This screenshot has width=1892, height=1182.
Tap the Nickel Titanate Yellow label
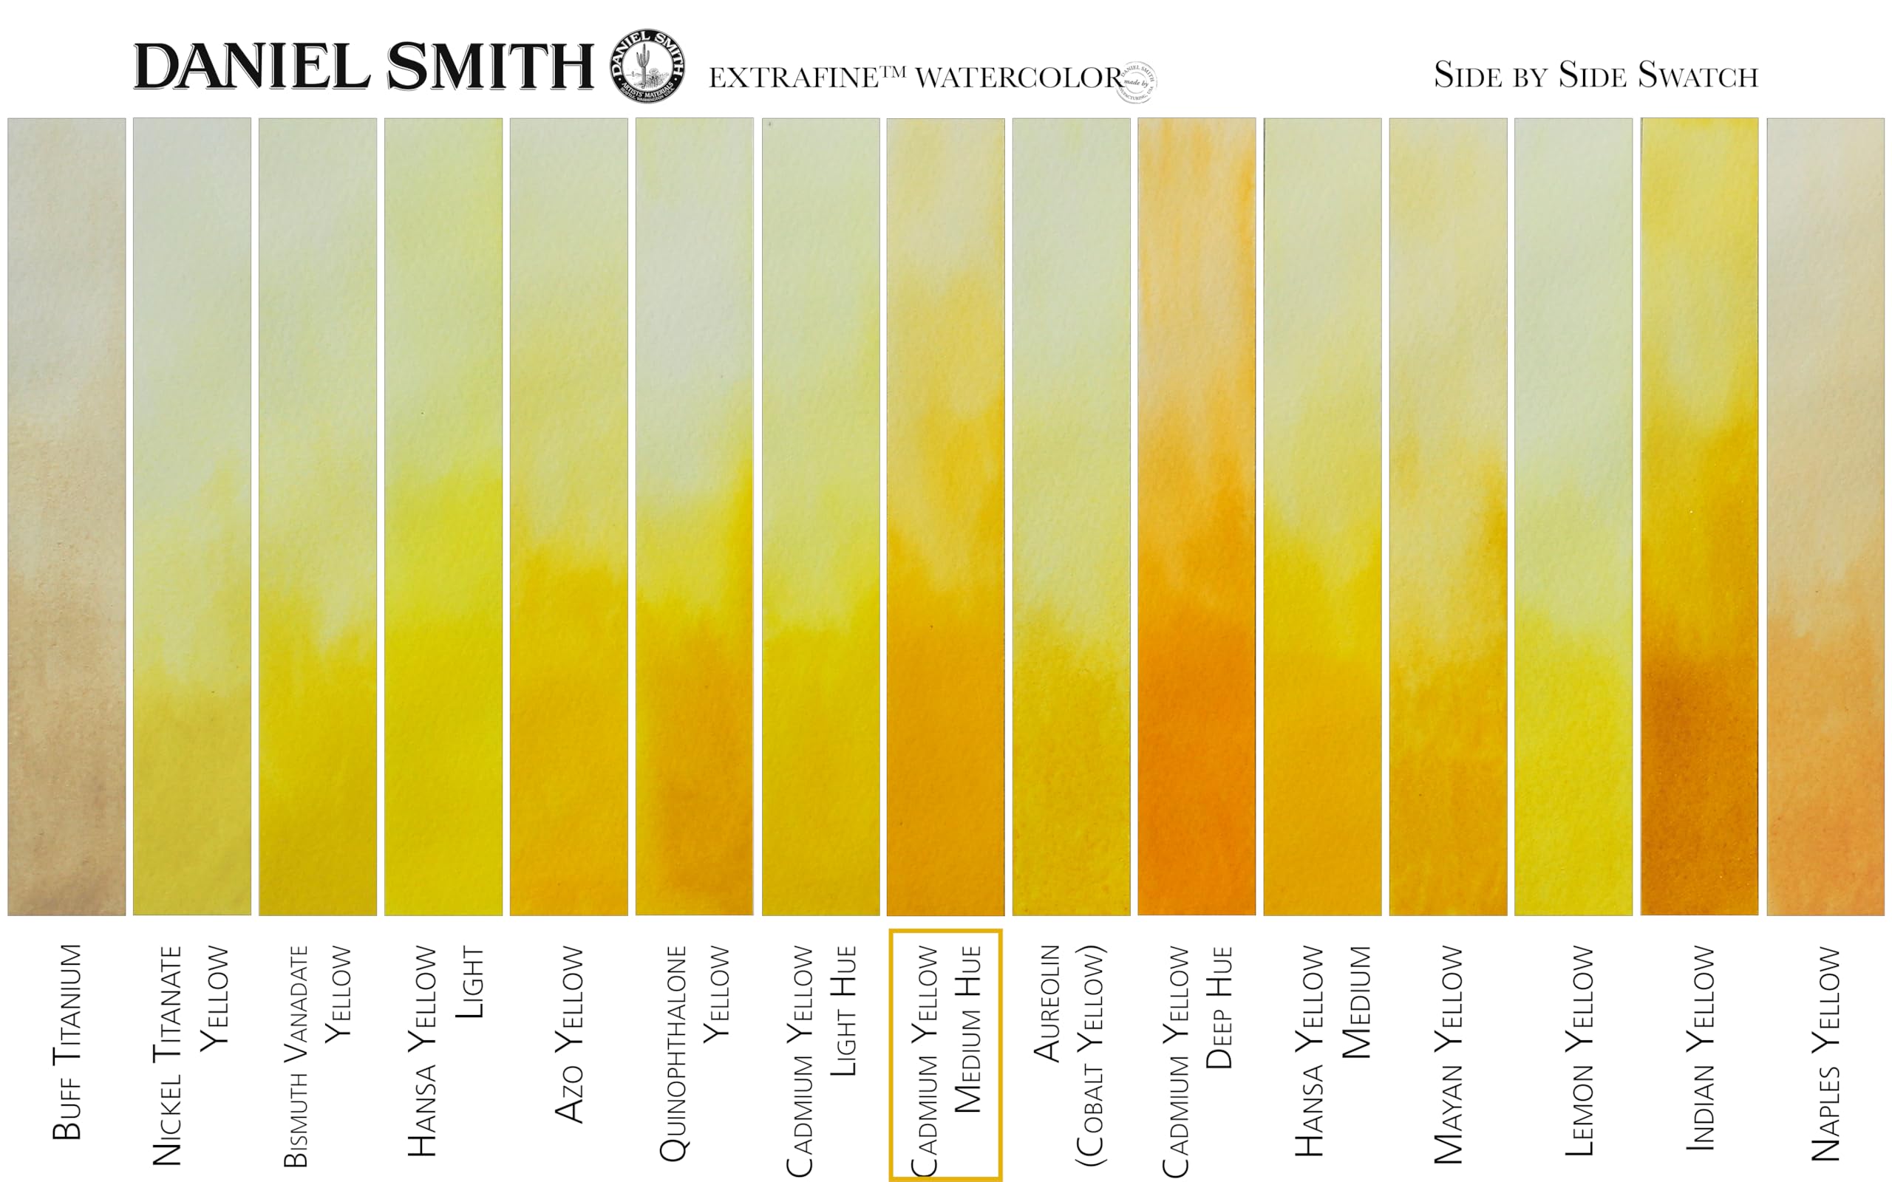point(190,1056)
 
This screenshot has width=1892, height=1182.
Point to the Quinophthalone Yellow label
point(694,1051)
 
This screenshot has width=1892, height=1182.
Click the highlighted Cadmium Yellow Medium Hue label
point(945,1056)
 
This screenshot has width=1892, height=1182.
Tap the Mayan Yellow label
point(1448,1056)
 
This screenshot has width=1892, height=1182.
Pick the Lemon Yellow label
point(1579,1051)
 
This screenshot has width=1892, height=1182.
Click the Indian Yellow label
point(1700,1048)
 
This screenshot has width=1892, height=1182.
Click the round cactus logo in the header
point(648,67)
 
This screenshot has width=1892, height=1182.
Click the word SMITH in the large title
point(490,67)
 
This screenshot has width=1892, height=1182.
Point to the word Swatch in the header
point(1698,76)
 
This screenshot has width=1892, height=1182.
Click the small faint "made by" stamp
point(1137,82)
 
